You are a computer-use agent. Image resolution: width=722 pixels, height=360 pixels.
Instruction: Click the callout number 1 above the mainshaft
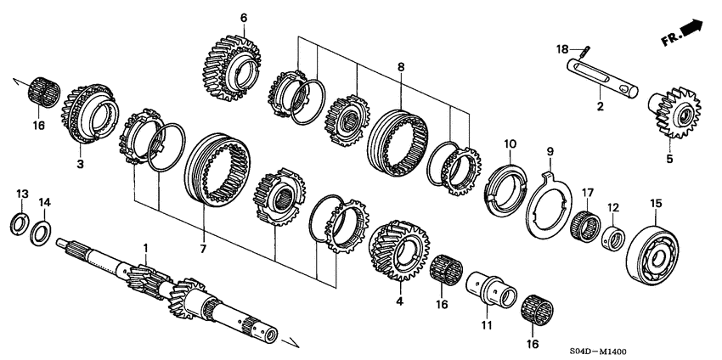[144, 247]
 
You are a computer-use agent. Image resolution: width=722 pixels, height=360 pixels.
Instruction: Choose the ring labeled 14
[39, 233]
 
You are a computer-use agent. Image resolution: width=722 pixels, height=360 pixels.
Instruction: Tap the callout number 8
[401, 66]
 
